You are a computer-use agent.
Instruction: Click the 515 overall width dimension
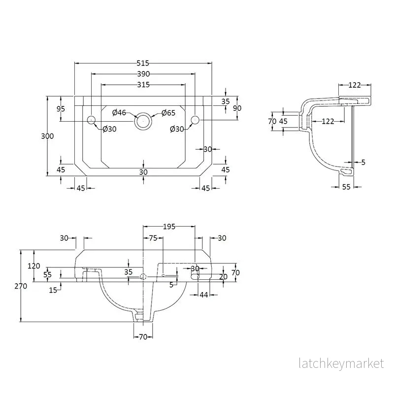click(143, 63)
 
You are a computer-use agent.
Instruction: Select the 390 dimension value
click(143, 74)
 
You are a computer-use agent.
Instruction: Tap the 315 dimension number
click(143, 85)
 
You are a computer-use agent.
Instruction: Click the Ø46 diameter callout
click(119, 113)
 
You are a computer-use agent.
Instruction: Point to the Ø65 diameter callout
click(168, 113)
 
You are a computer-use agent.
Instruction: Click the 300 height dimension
click(47, 136)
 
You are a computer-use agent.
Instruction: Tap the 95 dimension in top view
click(61, 109)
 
